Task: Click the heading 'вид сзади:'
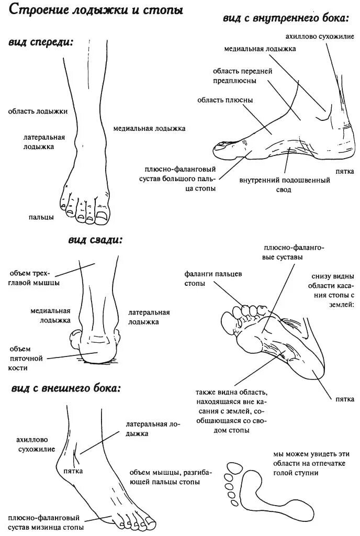click(x=95, y=240)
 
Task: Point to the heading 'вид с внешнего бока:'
click(x=65, y=389)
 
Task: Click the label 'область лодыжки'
click(x=38, y=111)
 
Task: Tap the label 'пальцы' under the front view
click(x=41, y=217)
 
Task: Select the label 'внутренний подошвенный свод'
click(x=284, y=185)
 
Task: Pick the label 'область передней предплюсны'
click(x=235, y=75)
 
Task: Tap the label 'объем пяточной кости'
click(x=20, y=358)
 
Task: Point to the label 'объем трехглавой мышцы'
click(x=34, y=278)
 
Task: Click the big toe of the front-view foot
click(x=101, y=215)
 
